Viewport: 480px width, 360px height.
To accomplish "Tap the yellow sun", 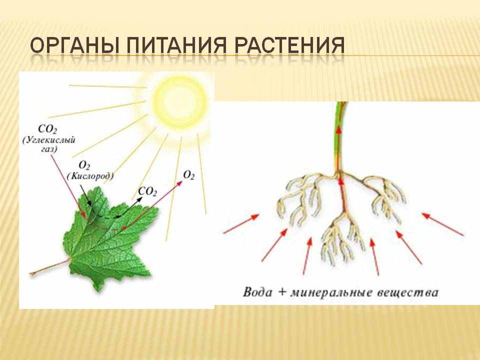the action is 180,102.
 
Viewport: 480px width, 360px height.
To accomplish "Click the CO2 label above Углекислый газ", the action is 47,129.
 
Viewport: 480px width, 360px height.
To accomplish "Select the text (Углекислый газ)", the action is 49,144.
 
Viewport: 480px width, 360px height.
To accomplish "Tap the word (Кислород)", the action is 90,176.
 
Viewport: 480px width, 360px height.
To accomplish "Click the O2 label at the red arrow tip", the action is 189,175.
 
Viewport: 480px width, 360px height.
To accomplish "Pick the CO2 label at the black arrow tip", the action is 147,191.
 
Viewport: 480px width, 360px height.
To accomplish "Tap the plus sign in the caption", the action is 281,292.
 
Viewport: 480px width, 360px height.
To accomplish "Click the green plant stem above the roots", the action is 340,138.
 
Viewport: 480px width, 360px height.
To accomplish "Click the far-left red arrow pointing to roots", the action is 241,224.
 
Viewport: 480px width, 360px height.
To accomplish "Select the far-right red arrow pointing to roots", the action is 442,224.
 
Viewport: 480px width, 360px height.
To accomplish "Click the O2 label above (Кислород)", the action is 84,165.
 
